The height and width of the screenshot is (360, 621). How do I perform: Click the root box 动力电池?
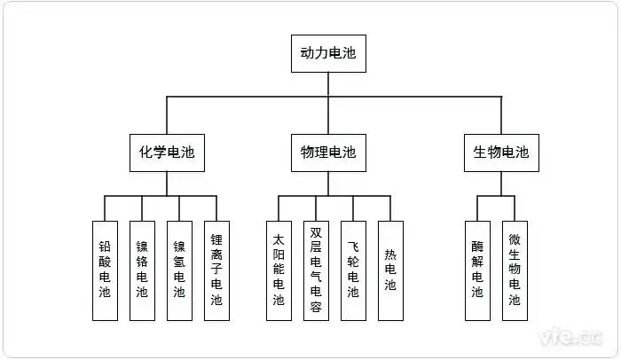[x=327, y=53]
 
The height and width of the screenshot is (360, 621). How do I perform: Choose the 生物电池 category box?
[x=500, y=153]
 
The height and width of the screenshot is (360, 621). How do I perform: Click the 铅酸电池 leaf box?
[x=105, y=270]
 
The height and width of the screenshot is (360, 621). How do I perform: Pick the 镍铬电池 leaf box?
[x=142, y=270]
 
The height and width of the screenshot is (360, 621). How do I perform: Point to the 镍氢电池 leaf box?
[x=179, y=270]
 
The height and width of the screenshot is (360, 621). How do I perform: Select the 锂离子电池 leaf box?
[x=216, y=270]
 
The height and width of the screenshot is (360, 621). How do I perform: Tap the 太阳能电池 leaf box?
[x=279, y=270]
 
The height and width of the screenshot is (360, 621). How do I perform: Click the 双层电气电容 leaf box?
[x=316, y=270]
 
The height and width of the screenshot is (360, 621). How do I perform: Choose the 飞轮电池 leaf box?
[x=353, y=270]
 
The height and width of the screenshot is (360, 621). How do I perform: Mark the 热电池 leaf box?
[x=390, y=270]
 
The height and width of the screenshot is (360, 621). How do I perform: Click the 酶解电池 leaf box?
[x=477, y=270]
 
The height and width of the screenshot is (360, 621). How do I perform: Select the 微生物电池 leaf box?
[x=515, y=270]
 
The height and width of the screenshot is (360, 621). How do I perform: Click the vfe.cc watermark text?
[x=571, y=338]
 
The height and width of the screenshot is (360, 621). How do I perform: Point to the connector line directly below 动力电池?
[x=327, y=84]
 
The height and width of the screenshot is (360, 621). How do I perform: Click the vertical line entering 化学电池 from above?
[x=166, y=115]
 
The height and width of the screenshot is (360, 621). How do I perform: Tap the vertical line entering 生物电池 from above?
[x=501, y=115]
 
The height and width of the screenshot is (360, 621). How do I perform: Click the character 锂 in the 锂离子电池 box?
[x=216, y=240]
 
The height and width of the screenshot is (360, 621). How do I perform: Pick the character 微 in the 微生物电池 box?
[x=515, y=240]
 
